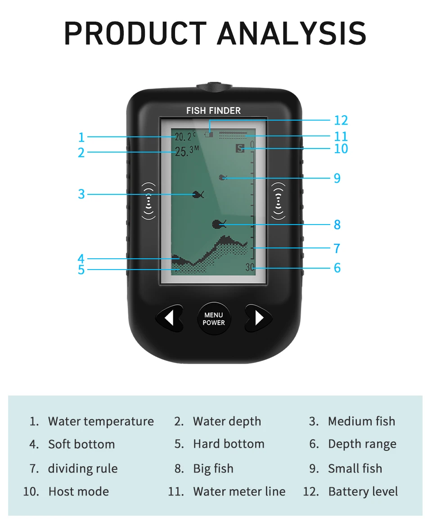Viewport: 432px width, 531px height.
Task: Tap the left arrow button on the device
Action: pos(169,318)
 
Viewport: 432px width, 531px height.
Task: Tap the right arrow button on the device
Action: pos(258,318)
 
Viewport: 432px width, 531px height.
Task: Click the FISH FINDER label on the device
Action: pos(213,111)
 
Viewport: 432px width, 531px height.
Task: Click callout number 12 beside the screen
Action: pos(341,121)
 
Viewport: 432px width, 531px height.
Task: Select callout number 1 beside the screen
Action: pos(81,137)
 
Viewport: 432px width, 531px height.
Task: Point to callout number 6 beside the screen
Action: pos(337,268)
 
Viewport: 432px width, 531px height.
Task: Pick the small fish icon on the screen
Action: pos(223,178)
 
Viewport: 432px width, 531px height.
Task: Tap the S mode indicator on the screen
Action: pos(240,148)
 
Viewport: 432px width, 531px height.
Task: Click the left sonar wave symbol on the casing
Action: pos(148,201)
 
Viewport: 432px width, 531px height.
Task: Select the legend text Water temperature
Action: pos(101,422)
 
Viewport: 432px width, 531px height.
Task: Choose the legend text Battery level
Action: pos(363,491)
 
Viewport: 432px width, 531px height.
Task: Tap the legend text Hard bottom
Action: pos(229,444)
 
